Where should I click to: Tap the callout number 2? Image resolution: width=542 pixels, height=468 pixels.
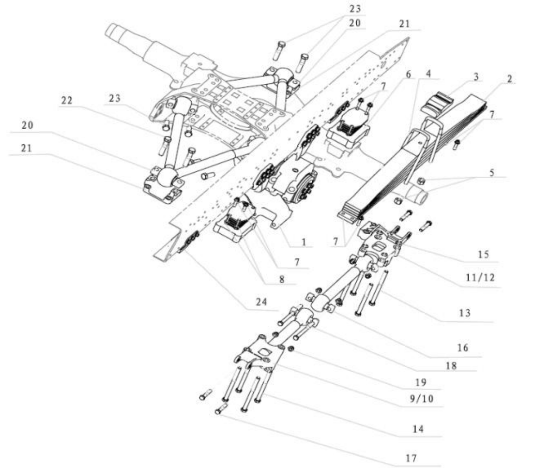(x=509, y=79)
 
